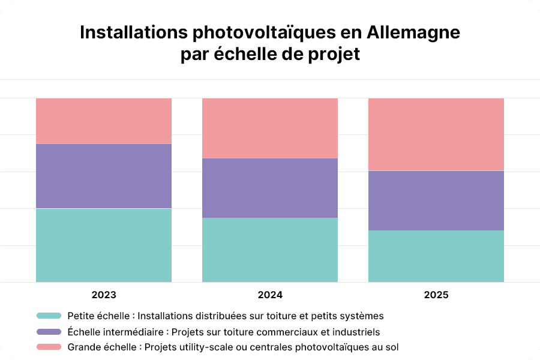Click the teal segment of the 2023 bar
click(104, 245)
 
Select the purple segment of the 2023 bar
click(104, 176)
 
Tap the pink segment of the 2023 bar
click(104, 121)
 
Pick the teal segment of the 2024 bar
click(270, 250)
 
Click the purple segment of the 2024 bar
click(270, 188)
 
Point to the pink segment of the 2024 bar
click(270, 128)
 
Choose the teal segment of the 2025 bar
click(436, 256)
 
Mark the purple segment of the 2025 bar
click(436, 200)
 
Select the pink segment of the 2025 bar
click(436, 134)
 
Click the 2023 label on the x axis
click(104, 295)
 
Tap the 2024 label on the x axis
click(270, 295)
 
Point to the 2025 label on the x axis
click(436, 295)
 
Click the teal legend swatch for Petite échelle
click(49, 316)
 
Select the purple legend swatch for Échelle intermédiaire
click(49, 331)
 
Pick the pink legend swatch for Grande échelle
click(49, 347)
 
